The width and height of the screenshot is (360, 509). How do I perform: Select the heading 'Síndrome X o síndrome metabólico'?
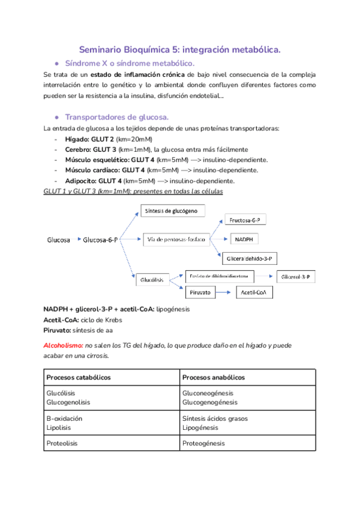129,63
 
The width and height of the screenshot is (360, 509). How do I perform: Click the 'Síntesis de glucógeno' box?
173,211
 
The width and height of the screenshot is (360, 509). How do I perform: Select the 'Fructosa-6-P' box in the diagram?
245,220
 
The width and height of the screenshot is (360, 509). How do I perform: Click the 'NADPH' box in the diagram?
244,239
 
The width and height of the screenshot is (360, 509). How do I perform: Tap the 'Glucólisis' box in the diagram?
152,280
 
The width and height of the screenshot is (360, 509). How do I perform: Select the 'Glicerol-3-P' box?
297,277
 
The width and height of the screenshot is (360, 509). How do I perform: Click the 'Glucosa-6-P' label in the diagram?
100,239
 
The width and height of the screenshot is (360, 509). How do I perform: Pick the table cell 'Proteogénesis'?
203,443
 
